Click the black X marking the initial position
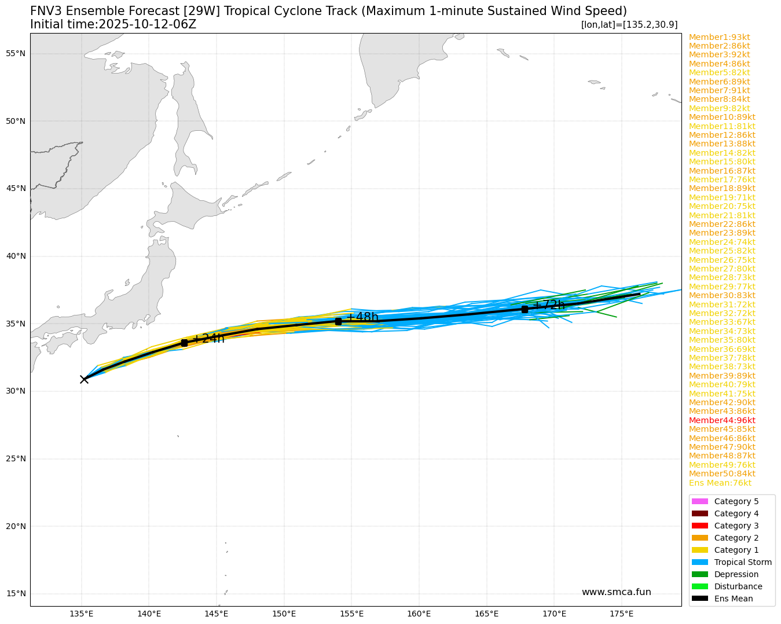(84, 379)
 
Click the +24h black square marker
(184, 343)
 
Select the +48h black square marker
(338, 321)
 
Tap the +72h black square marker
(525, 309)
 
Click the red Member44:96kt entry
(722, 420)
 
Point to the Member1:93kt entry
(719, 37)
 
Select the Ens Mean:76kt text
(720, 483)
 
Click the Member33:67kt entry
(722, 322)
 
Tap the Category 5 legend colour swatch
(699, 501)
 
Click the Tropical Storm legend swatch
(699, 562)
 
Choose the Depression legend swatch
(699, 574)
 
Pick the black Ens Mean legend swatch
(699, 599)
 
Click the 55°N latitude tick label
(16, 54)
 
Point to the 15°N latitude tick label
(16, 593)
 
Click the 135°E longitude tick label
(82, 614)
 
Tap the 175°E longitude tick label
(622, 614)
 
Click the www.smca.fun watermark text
(616, 592)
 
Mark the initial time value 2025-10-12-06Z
(148, 24)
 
